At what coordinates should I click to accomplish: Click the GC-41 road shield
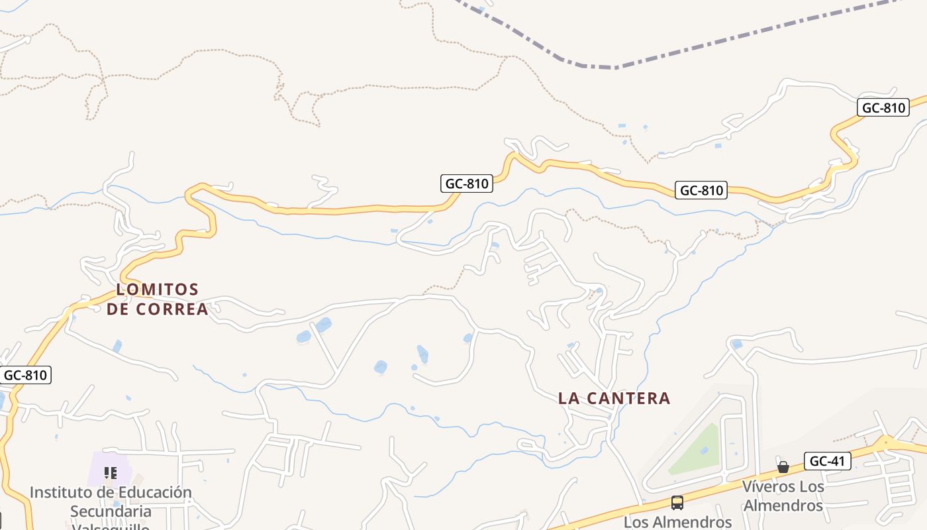(x=828, y=461)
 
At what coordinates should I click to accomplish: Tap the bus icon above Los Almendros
(x=677, y=502)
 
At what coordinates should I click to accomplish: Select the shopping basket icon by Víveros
(x=783, y=467)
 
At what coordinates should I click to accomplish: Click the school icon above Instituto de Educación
(x=111, y=472)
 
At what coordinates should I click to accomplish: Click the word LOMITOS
(x=158, y=290)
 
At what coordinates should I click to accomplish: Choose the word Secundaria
(x=111, y=511)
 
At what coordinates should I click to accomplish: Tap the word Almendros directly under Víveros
(x=783, y=505)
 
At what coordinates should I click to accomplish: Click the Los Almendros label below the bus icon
(x=677, y=522)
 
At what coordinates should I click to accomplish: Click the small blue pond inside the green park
(x=703, y=450)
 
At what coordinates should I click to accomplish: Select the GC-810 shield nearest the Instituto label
(x=25, y=375)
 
